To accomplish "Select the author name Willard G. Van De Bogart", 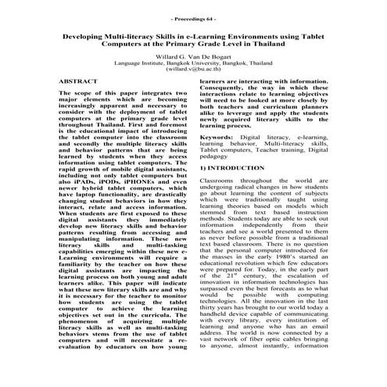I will pyautogui.click(x=194, y=57).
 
